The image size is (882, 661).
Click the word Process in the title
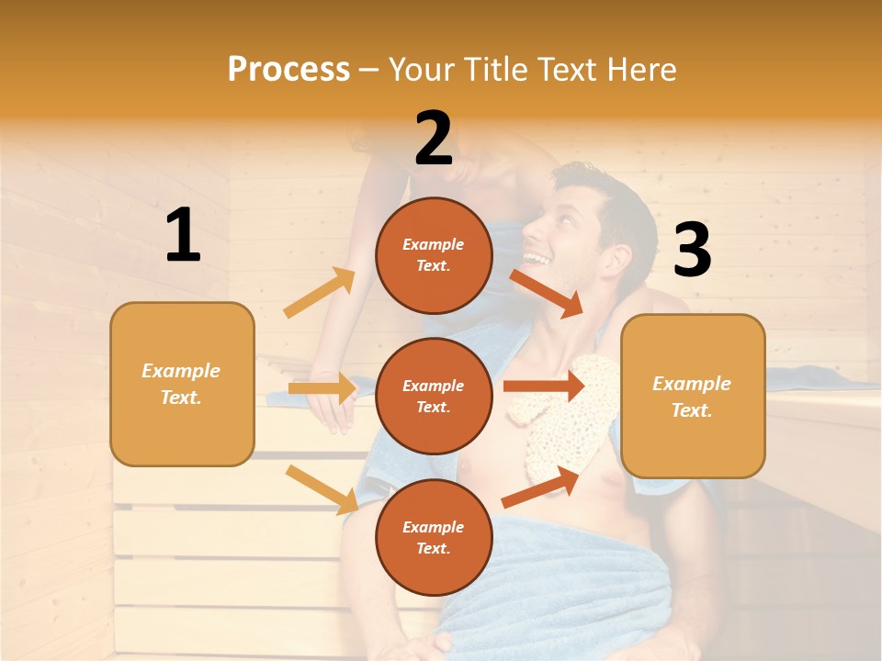[x=288, y=70]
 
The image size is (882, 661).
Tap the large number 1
[x=183, y=236]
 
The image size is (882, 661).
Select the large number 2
[x=434, y=138]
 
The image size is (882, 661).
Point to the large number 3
[x=692, y=250]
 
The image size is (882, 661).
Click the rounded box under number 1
[x=182, y=384]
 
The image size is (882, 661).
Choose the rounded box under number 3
[x=693, y=396]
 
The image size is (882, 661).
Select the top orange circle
[x=434, y=255]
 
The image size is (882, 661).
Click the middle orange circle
[x=434, y=396]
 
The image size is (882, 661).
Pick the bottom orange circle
[x=434, y=537]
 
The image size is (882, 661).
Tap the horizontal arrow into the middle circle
[x=322, y=388]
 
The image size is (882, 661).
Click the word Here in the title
[x=639, y=70]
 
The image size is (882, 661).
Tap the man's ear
[x=607, y=253]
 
